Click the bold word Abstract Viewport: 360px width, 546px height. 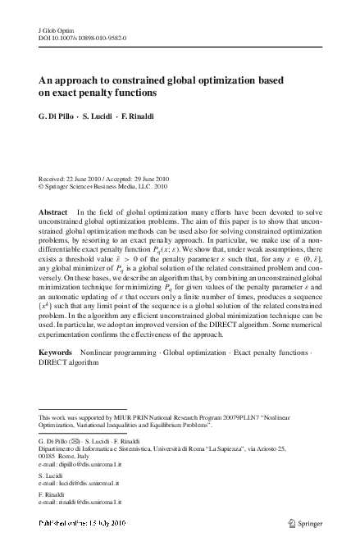click(x=54, y=212)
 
